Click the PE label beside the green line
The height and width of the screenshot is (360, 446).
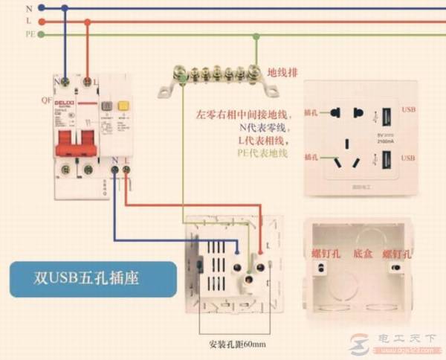(x=30, y=34)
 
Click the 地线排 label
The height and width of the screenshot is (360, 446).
(x=282, y=71)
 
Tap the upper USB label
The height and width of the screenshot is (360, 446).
(x=409, y=109)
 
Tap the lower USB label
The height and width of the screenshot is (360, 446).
(x=409, y=158)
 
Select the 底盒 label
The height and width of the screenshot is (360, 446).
(x=363, y=254)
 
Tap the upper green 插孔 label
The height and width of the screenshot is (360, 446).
(x=312, y=114)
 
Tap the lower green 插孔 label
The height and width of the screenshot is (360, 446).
(x=312, y=157)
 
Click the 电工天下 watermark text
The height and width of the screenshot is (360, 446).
(x=407, y=338)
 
